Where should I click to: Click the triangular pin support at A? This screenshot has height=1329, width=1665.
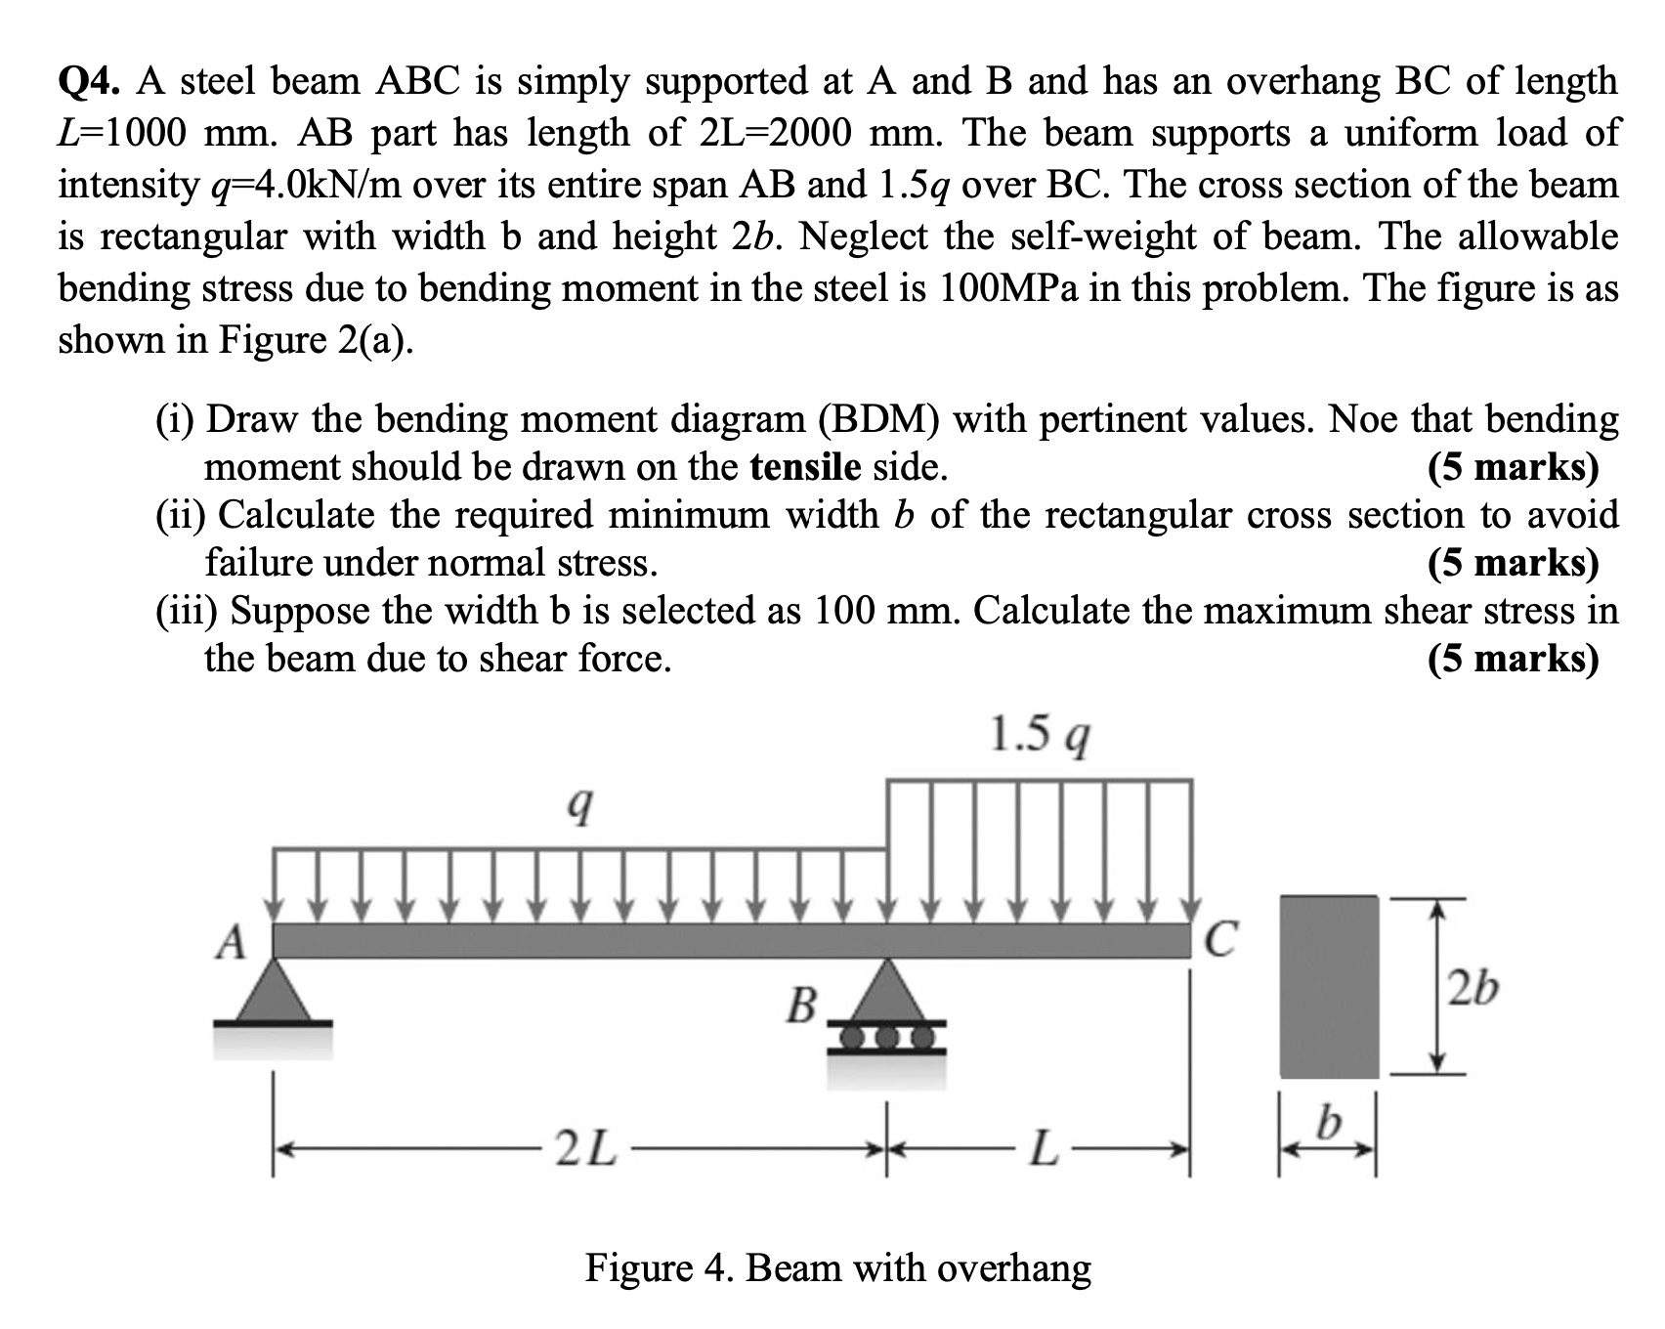274,992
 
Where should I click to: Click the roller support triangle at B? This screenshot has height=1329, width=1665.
887,992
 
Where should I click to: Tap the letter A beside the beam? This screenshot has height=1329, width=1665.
232,943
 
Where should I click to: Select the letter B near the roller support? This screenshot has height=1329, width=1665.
801,1005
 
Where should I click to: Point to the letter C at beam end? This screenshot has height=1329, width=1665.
1222,940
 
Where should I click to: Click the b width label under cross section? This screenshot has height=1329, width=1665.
1326,1126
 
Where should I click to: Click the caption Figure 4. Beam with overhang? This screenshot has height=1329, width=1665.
838,1268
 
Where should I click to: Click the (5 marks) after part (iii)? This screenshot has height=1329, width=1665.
1513,660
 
